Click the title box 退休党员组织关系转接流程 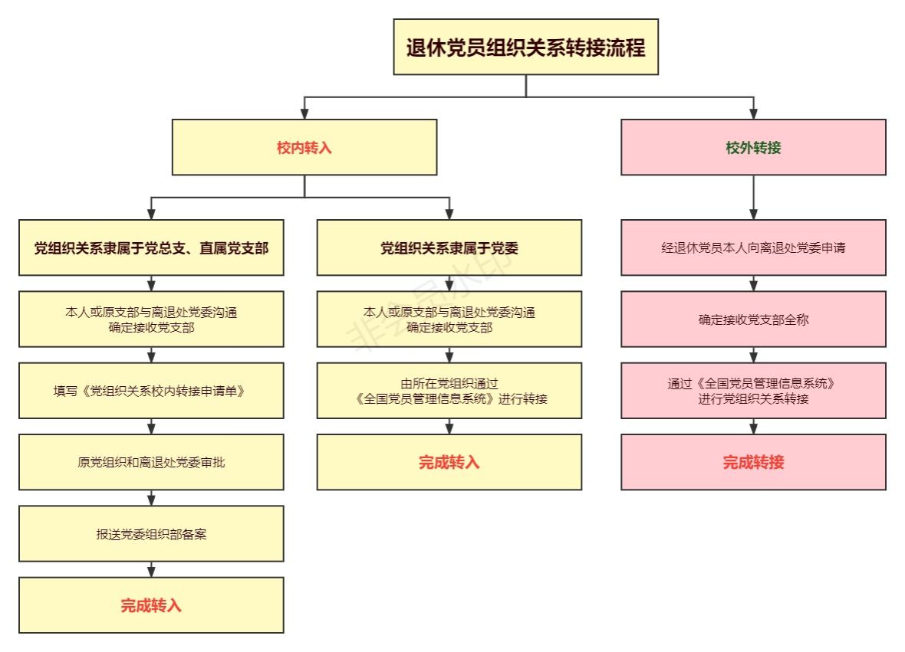pyautogui.click(x=526, y=47)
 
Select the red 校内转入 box pyautogui.click(x=304, y=147)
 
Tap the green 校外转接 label pyautogui.click(x=753, y=148)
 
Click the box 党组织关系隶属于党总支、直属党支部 pyautogui.click(x=151, y=247)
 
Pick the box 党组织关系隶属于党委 pyautogui.click(x=449, y=247)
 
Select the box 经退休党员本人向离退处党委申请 pyautogui.click(x=753, y=247)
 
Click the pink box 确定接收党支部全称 pyautogui.click(x=753, y=319)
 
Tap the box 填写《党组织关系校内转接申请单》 pyautogui.click(x=151, y=390)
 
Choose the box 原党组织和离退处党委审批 pyautogui.click(x=151, y=462)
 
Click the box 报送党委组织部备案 pyautogui.click(x=151, y=533)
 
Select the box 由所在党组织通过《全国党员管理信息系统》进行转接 pyautogui.click(x=449, y=390)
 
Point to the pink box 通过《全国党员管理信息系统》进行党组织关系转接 pyautogui.click(x=753, y=390)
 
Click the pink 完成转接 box pyautogui.click(x=753, y=462)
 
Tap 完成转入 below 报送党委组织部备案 pyautogui.click(x=151, y=604)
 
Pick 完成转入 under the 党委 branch pyautogui.click(x=449, y=462)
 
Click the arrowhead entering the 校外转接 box pyautogui.click(x=753, y=113)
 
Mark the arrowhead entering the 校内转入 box pyautogui.click(x=304, y=113)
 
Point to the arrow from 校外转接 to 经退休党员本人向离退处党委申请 pyautogui.click(x=753, y=197)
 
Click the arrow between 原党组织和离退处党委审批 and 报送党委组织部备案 pyautogui.click(x=151, y=497)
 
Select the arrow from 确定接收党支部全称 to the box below pyautogui.click(x=753, y=355)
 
